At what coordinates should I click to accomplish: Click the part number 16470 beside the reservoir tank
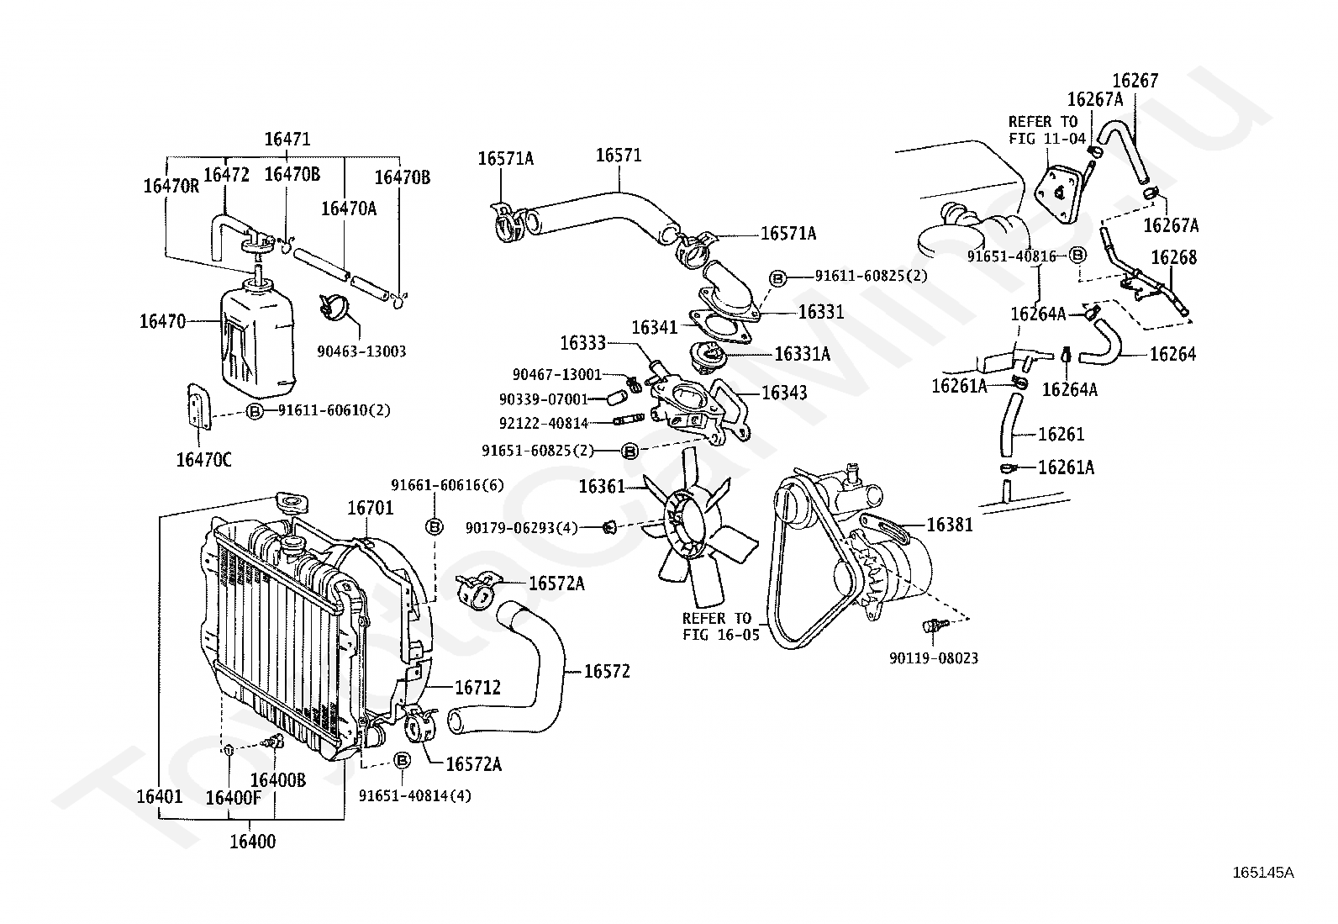pos(162,321)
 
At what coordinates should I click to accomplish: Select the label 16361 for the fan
pos(602,487)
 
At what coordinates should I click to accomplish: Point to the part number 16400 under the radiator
pos(253,842)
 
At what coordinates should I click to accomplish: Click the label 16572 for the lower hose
pos(607,671)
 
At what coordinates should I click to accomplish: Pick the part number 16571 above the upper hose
pos(619,156)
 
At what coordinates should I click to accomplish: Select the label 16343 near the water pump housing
pos(784,393)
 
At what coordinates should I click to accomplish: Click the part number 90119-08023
pos(934,658)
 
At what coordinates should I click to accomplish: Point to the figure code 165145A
pos(1263,873)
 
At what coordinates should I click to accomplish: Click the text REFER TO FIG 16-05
pos(721,626)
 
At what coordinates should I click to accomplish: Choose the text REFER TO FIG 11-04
pos(1047,130)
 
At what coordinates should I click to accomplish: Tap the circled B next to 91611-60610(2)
pos(255,411)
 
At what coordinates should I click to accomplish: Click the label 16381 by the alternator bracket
pos(950,525)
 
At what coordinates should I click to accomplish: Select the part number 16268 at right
pos(1174,257)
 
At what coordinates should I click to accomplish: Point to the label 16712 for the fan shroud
pos(478,688)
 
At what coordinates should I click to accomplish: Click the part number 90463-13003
pos(361,351)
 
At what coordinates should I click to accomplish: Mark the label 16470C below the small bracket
pos(203,460)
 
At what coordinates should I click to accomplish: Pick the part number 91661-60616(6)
pos(447,485)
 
